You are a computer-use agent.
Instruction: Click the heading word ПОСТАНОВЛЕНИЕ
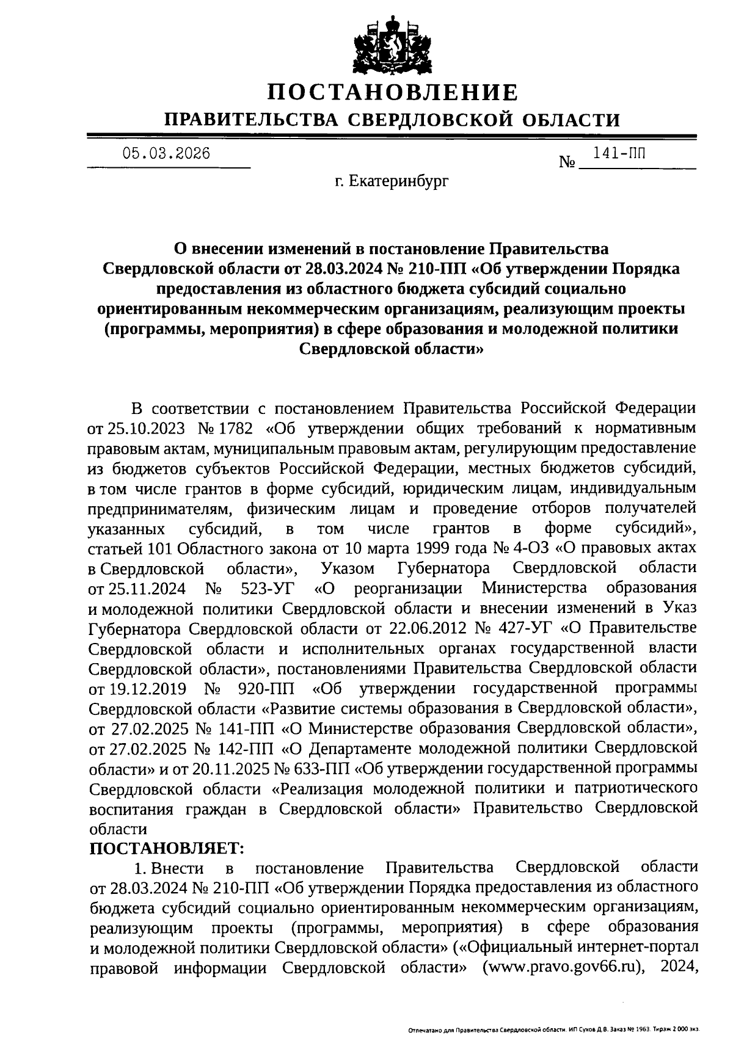point(393,93)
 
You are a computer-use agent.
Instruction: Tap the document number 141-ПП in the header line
point(623,153)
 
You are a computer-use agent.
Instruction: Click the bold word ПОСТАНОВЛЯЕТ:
point(166,848)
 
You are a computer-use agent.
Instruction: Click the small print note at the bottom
point(553,1029)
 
